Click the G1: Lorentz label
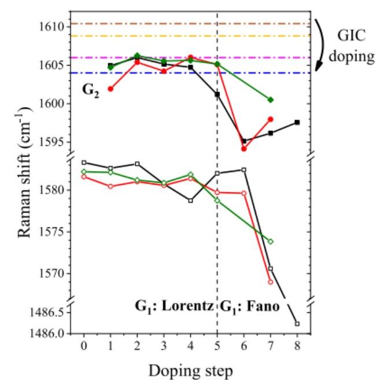click(175, 306)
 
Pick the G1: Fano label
click(249, 306)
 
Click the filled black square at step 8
click(297, 122)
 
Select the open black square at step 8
click(297, 323)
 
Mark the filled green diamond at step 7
click(270, 100)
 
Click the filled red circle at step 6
click(244, 149)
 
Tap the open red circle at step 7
click(270, 282)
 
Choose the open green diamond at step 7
click(270, 241)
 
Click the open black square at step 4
click(190, 201)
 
